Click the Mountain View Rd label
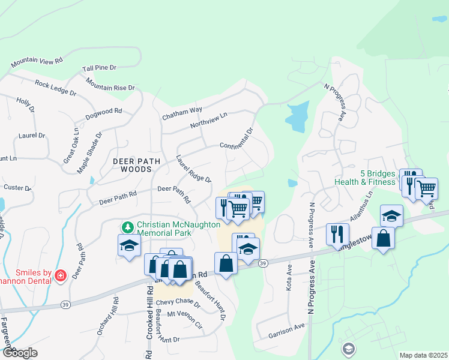[x=37, y=61]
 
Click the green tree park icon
[x=127, y=227]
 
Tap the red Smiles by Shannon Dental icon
[x=60, y=275]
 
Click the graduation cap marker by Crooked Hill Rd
[x=129, y=245]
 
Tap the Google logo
[x=19, y=353]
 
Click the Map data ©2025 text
[x=423, y=355]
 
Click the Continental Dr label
[x=237, y=138]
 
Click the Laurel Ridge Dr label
[x=193, y=170]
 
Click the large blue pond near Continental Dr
[x=297, y=116]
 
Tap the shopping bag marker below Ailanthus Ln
[x=383, y=238]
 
